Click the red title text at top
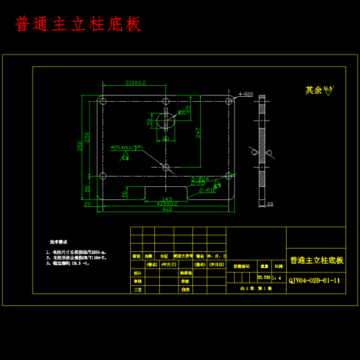78,24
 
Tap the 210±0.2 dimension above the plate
136,83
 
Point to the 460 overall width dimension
167,210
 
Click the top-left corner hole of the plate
102,101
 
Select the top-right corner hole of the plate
229,101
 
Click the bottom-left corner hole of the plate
102,175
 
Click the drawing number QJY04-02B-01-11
315,280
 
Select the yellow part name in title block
316,260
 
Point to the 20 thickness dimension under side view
270,204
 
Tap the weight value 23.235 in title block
264,277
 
